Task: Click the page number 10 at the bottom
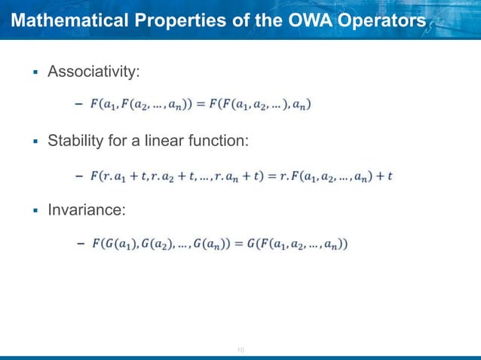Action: (x=241, y=349)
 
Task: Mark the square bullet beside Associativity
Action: (x=34, y=72)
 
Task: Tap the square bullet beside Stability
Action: (x=34, y=142)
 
